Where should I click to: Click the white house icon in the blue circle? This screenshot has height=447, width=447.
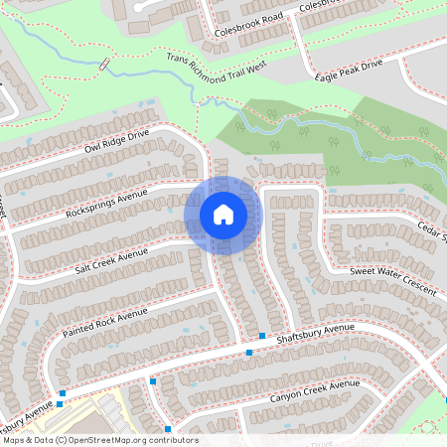click(x=223, y=215)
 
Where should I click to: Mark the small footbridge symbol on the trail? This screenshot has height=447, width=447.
click(x=104, y=65)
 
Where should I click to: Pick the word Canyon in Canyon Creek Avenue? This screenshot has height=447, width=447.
click(x=288, y=397)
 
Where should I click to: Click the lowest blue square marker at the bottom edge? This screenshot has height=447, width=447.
click(x=168, y=429)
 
